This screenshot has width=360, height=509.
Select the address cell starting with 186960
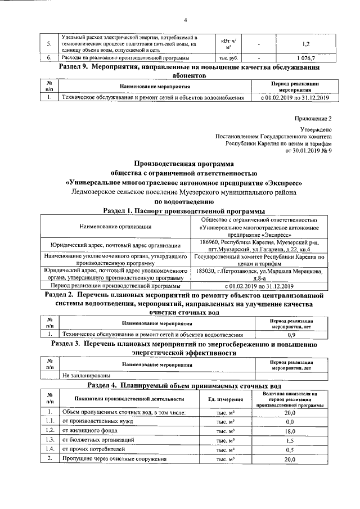(259, 245)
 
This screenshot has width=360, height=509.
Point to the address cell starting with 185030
(259, 275)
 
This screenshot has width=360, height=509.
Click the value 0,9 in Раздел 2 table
(291, 335)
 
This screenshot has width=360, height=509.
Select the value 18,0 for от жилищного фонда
(290, 430)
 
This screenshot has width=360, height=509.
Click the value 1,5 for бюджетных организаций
(290, 440)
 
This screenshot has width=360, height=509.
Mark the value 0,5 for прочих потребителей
(290, 450)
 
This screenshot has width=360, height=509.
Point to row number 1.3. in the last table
(50, 440)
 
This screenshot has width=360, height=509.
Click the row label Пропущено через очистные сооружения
(114, 460)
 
